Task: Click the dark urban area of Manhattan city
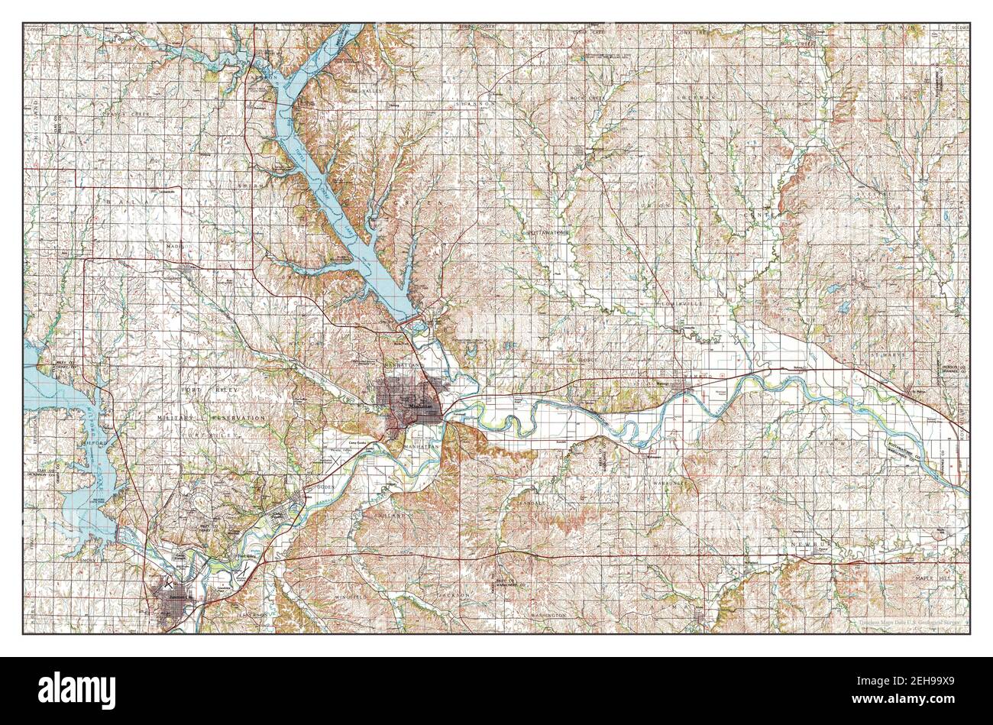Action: pos(409,401)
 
